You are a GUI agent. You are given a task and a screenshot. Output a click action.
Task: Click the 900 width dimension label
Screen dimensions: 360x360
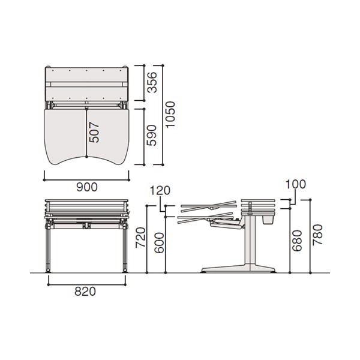[x=87, y=187]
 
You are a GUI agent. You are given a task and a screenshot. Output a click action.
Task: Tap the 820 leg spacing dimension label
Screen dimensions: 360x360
[x=85, y=292]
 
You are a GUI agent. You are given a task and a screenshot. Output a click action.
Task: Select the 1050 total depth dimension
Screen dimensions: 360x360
[x=170, y=114]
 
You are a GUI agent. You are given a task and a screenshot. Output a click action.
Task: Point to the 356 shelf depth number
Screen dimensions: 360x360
[x=152, y=82]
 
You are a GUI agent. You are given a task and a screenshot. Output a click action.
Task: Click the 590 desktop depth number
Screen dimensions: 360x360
[x=152, y=136]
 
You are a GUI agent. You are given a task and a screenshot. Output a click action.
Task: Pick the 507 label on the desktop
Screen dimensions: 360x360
[x=94, y=133]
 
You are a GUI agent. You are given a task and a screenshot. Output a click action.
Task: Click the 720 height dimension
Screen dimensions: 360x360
[x=140, y=238]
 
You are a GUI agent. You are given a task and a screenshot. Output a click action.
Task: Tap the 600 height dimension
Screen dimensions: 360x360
[x=159, y=243]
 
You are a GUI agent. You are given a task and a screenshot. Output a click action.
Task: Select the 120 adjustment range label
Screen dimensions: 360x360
[x=160, y=191]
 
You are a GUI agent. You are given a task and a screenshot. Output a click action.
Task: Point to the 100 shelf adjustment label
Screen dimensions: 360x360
[x=295, y=184]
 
